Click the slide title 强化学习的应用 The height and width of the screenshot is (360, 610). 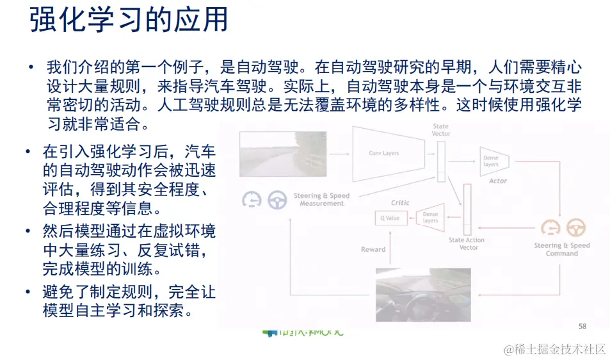click(129, 20)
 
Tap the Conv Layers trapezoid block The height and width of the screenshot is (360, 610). click(383, 153)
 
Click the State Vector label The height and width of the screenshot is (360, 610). click(441, 130)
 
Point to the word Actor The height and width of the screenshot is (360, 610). click(497, 181)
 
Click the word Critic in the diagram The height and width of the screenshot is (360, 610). click(400, 203)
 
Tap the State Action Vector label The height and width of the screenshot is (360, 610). click(466, 244)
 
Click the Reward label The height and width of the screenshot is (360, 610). click(373, 249)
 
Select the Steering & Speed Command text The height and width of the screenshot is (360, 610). click(562, 250)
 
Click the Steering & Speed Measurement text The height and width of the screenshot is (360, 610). click(321, 200)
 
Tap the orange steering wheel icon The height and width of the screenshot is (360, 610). click(576, 227)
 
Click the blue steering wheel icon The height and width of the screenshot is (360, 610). click(277, 200)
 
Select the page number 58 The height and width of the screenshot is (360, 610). click(582, 326)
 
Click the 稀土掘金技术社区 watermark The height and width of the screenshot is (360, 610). click(554, 348)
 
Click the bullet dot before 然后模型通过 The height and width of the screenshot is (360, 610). click(28, 231)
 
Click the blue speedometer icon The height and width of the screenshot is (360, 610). click(252, 200)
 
